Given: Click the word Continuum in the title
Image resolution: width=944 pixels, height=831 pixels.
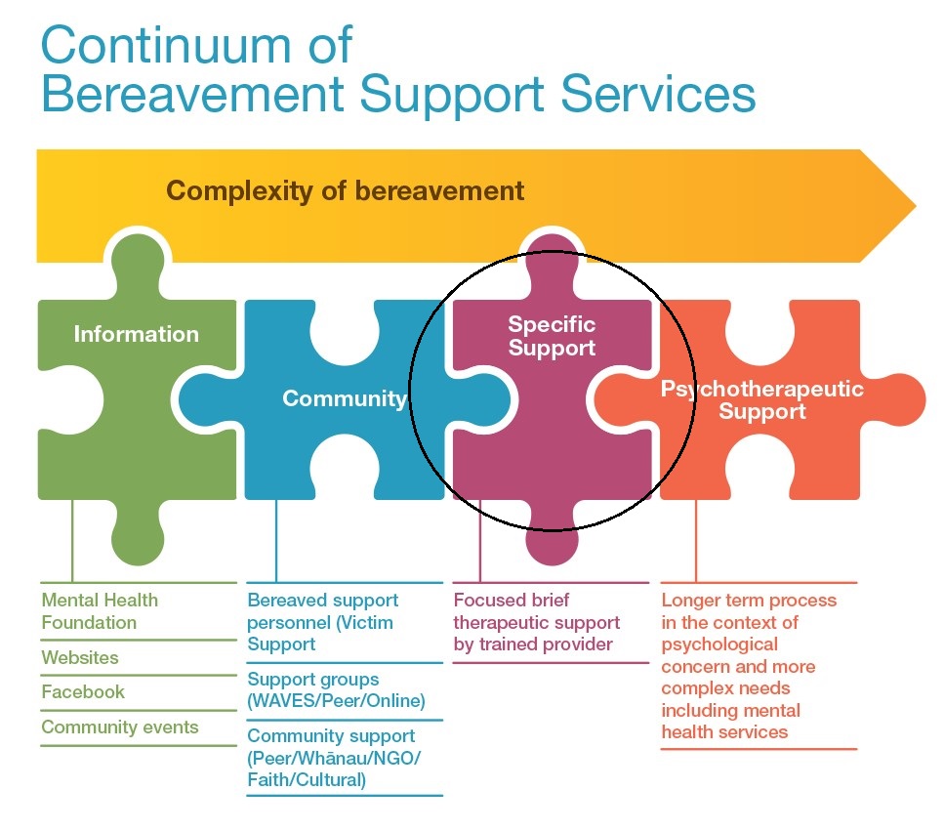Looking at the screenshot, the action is coord(166,45).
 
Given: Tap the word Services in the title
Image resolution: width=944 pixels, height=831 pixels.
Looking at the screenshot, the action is coord(658,94).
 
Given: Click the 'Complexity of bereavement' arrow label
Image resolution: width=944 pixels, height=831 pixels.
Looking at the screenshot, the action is coord(345,190).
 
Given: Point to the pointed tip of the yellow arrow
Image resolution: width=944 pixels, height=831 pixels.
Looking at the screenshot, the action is coord(916,206).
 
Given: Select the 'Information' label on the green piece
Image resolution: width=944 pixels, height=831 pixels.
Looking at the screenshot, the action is coord(136,334).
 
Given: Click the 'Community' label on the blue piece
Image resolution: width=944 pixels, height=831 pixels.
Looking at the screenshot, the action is coord(345,398).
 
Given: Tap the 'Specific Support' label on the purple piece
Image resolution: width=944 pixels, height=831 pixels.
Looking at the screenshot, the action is coord(552,336).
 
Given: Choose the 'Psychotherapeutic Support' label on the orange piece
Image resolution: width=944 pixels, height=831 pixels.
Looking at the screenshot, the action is coord(762,399).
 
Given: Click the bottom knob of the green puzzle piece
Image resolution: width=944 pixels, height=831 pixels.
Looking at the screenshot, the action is coord(138,536).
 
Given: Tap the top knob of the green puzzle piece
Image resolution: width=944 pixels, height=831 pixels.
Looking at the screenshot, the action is coord(138,265).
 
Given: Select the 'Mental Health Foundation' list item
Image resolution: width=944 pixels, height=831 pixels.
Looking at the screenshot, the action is coord(100,611).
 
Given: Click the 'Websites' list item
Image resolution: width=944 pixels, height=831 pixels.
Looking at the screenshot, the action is coord(80,657).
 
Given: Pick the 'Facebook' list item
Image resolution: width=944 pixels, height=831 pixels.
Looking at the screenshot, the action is coord(83,692).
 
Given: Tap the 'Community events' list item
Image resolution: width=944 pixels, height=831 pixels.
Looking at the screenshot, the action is coord(120,727).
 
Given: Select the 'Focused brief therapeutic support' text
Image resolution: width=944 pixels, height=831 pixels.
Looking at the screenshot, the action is coord(536,611).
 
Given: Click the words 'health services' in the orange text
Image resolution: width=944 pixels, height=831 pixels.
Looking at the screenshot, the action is coord(724,732).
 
